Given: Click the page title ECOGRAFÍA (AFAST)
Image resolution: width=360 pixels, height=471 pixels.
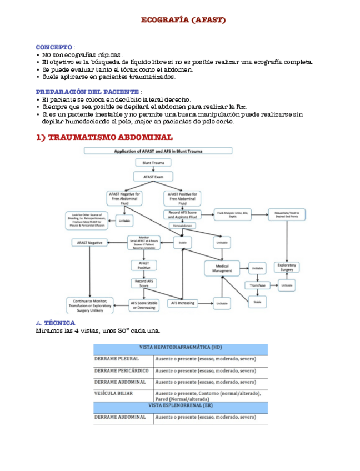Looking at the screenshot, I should (183, 20).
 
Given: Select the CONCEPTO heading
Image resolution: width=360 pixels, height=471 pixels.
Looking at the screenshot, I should (54, 47).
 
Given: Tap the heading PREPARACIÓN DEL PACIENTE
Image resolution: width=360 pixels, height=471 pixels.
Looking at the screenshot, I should (87, 92).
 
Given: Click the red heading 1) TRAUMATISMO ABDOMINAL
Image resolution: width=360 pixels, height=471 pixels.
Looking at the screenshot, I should (104, 137).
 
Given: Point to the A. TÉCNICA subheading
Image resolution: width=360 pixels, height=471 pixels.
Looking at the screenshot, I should (55, 323).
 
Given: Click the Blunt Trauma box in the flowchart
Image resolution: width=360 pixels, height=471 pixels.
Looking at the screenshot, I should (153, 163).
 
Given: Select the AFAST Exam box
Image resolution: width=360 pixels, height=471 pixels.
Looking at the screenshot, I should (153, 177).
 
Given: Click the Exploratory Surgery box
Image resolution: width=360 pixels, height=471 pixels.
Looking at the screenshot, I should (287, 267).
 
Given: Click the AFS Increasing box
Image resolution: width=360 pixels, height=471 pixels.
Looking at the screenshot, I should (182, 303).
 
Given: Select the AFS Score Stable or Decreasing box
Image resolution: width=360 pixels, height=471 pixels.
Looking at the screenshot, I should (143, 304).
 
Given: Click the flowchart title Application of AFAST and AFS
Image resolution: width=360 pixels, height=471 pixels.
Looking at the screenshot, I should (173, 151).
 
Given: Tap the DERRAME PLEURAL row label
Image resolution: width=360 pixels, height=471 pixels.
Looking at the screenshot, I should (117, 359).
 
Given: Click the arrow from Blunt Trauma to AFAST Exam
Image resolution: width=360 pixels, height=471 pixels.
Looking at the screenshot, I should (153, 169).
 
